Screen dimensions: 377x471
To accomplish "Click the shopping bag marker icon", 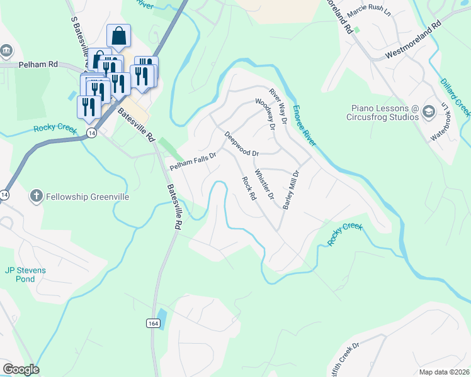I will pos(118,36).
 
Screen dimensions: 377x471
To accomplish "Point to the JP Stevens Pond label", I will pos(25,275).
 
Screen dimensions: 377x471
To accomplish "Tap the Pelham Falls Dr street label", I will pos(193,161).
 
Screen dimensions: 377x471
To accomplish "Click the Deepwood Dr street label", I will pos(242,144).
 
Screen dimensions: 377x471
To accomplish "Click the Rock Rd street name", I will pos(249,188).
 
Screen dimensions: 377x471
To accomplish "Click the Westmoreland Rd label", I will pos(413,41).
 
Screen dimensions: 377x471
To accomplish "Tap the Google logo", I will pos(21,369).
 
